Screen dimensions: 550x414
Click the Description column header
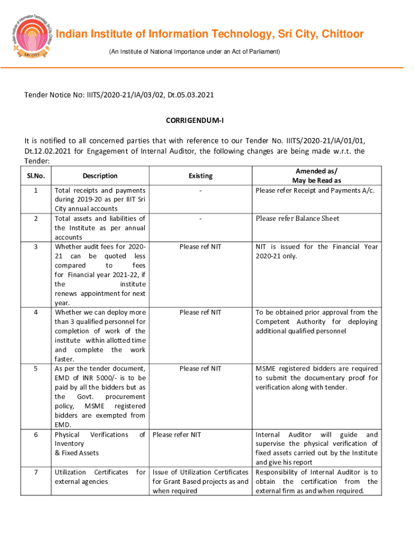(100, 176)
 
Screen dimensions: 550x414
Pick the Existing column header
(200, 176)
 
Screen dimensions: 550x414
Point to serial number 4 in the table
(35, 313)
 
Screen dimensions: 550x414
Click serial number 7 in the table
(35, 472)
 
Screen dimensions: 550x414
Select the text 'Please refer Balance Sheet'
(297, 219)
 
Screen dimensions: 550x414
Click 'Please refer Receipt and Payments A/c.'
(315, 191)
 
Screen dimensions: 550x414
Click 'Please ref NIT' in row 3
(200, 247)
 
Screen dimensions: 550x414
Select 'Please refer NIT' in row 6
(177, 435)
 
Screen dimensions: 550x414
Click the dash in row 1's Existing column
(200, 191)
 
